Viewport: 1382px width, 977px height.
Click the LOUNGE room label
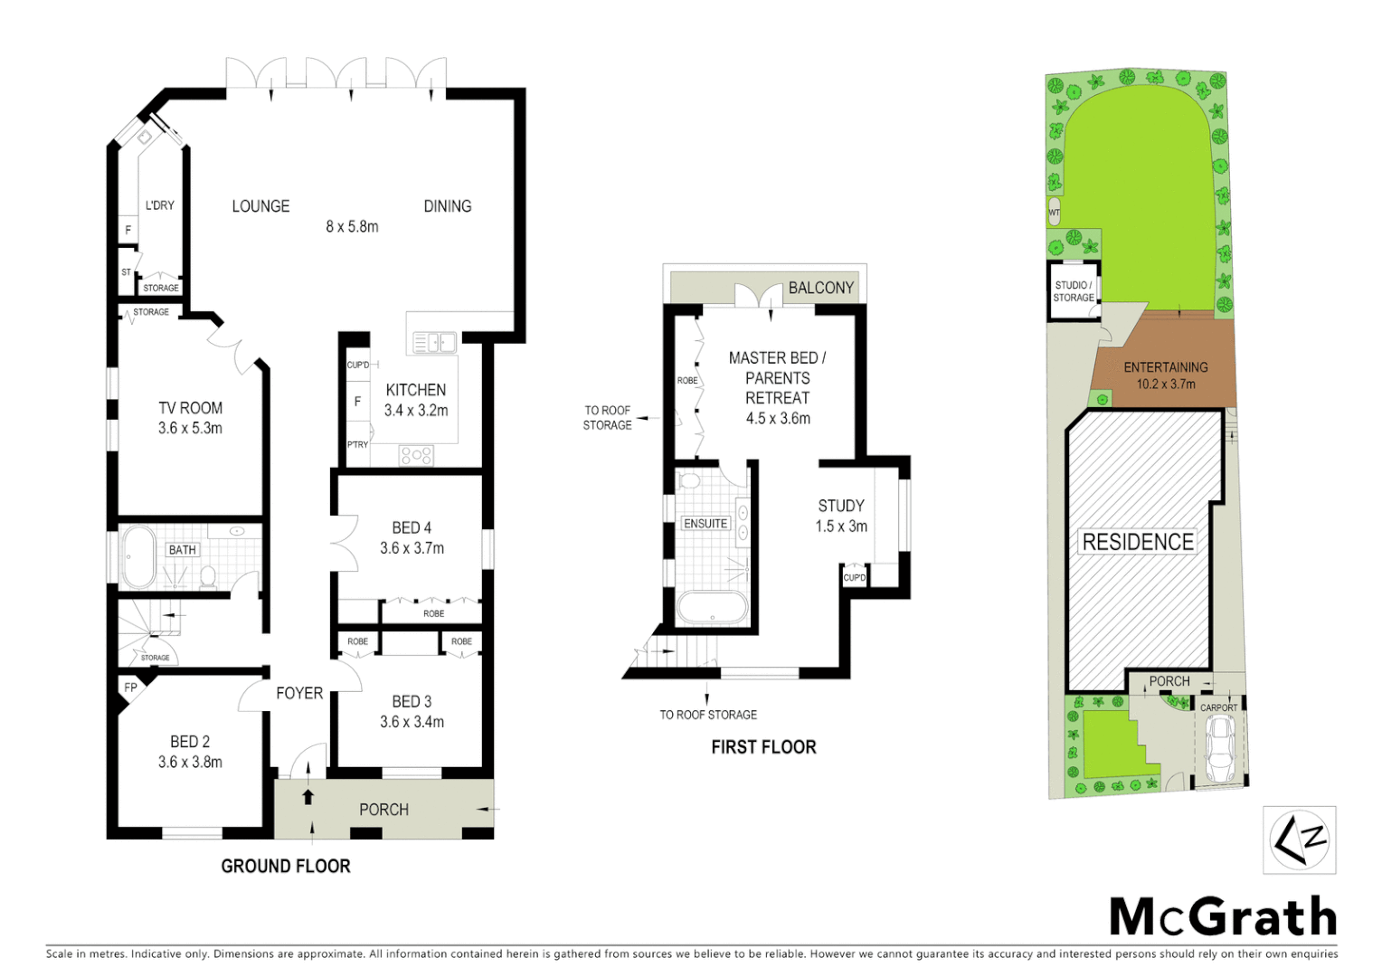click(x=260, y=206)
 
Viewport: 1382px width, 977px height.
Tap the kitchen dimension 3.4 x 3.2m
click(x=416, y=411)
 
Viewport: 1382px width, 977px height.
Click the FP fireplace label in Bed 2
click(x=130, y=688)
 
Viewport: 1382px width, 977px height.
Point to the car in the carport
click(x=1219, y=750)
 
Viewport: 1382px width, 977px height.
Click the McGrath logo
click(x=1223, y=917)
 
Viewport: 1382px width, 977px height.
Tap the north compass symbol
click(x=1299, y=841)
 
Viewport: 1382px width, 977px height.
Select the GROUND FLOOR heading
click(x=286, y=867)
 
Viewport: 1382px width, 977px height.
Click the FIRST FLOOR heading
click(x=763, y=747)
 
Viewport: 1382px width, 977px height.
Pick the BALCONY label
click(x=820, y=288)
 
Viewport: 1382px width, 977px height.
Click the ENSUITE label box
click(x=705, y=524)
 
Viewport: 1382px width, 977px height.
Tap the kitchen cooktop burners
click(x=416, y=456)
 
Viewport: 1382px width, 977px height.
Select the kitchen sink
click(x=433, y=343)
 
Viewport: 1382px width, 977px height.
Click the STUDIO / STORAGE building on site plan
click(x=1074, y=291)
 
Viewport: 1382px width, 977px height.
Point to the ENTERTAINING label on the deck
click(x=1165, y=367)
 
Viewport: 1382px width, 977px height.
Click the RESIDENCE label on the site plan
click(x=1138, y=542)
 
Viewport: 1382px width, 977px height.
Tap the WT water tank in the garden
click(x=1054, y=212)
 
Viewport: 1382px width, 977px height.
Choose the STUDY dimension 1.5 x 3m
click(x=841, y=526)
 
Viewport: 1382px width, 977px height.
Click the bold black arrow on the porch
click(x=308, y=797)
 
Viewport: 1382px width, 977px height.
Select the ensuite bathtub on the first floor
click(x=713, y=608)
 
